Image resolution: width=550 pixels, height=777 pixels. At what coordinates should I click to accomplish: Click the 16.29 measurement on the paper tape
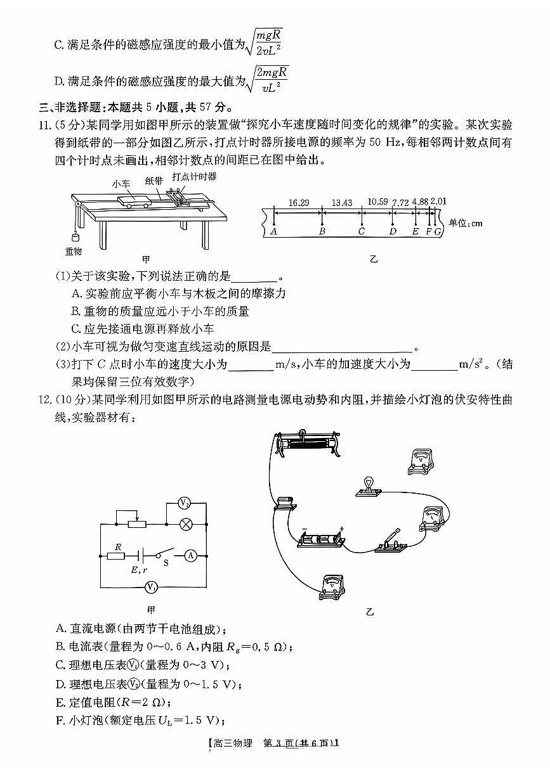coord(298,203)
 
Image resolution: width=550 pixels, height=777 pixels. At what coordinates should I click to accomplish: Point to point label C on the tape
coord(361,231)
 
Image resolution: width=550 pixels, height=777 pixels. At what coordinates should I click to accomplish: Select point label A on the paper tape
coord(273,231)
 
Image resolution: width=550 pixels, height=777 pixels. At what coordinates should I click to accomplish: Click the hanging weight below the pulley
coord(75,237)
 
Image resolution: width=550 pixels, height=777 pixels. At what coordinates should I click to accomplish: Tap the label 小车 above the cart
coord(121,184)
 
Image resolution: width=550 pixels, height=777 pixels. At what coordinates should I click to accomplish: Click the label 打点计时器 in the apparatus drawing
coord(194,176)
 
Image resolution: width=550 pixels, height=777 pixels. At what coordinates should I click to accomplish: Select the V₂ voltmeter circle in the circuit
coord(184,504)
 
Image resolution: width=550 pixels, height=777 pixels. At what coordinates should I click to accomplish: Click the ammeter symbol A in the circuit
coord(190,556)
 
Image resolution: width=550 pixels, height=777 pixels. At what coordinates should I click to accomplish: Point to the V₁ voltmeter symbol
coord(150,588)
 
